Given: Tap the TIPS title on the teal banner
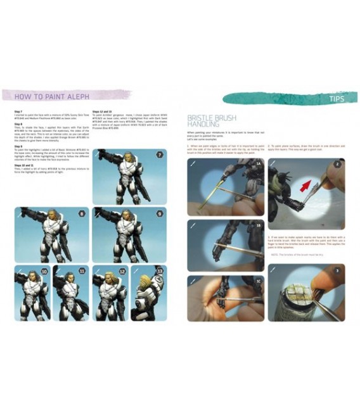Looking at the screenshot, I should (x=337, y=99).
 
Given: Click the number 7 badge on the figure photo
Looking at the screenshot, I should (x=159, y=155).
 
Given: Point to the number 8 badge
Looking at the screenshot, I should (x=82, y=213).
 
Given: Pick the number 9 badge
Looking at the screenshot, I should (x=159, y=213).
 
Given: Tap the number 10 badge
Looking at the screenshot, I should (x=44, y=271).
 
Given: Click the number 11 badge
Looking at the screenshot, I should (x=82, y=271).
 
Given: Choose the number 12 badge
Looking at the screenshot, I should (x=121, y=271).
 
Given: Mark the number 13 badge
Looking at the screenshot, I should (x=159, y=271).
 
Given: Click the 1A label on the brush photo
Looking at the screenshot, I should (x=258, y=164).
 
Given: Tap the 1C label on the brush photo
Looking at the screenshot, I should (x=258, y=281).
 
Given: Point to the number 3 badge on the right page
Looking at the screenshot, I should (x=338, y=270).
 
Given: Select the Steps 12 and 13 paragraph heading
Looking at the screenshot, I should (x=103, y=111).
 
